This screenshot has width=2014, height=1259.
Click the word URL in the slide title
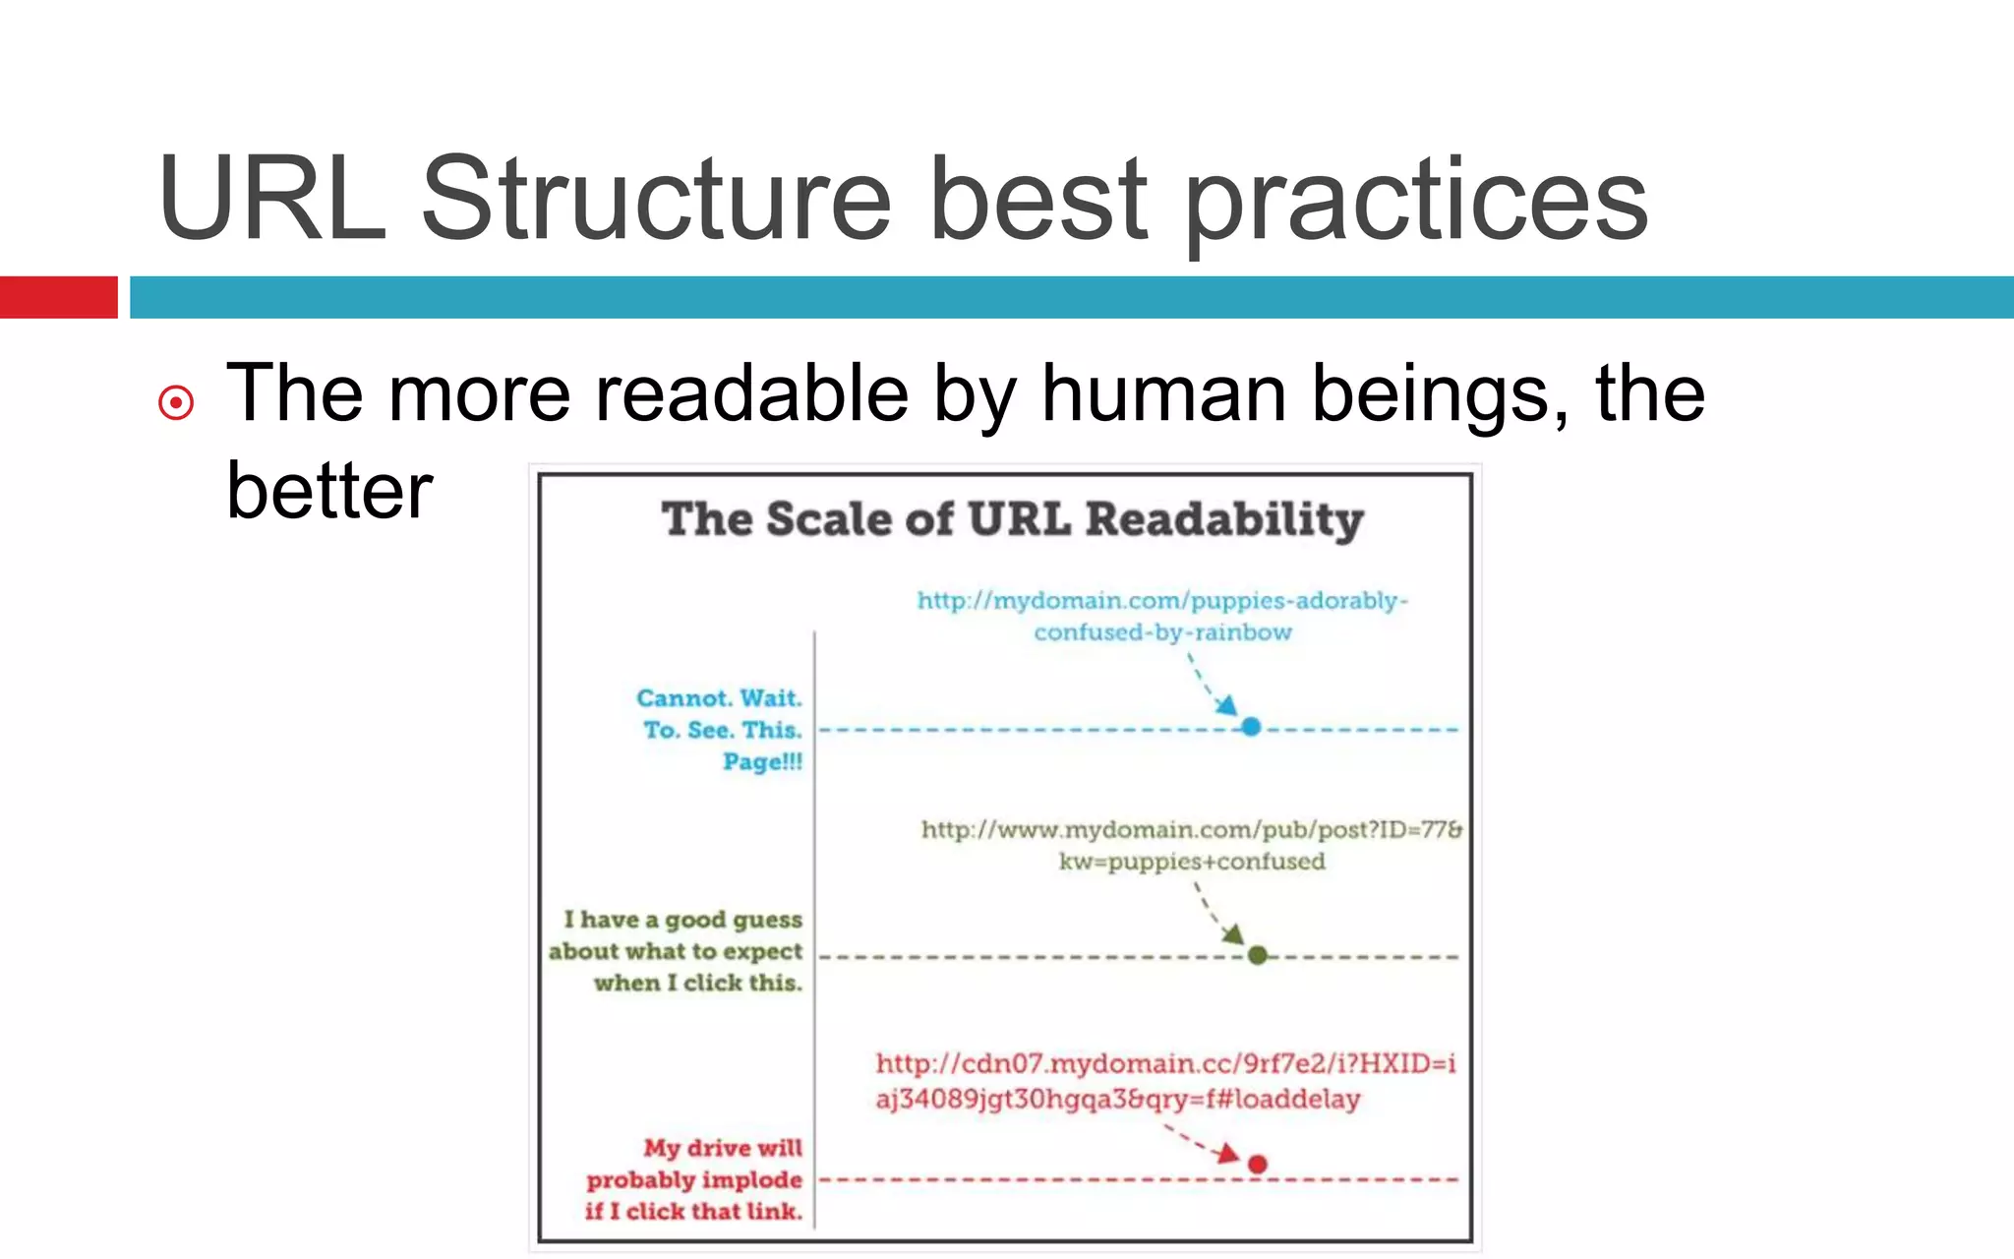(272, 200)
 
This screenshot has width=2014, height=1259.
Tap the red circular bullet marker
(176, 402)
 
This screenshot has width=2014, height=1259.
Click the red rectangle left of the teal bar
(58, 297)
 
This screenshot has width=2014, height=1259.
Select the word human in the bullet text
(1164, 393)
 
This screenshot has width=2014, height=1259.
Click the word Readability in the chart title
(1224, 519)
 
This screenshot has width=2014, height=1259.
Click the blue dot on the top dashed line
(1251, 727)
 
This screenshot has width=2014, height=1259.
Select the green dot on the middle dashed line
(1257, 955)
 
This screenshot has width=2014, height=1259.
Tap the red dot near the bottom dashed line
(1257, 1165)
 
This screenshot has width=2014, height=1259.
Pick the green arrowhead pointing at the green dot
(1234, 934)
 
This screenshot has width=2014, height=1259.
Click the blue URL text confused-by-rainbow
(1162, 632)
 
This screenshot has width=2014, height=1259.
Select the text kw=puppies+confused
(1192, 862)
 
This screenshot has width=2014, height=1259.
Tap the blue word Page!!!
(762, 761)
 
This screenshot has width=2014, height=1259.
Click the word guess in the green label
(763, 920)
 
